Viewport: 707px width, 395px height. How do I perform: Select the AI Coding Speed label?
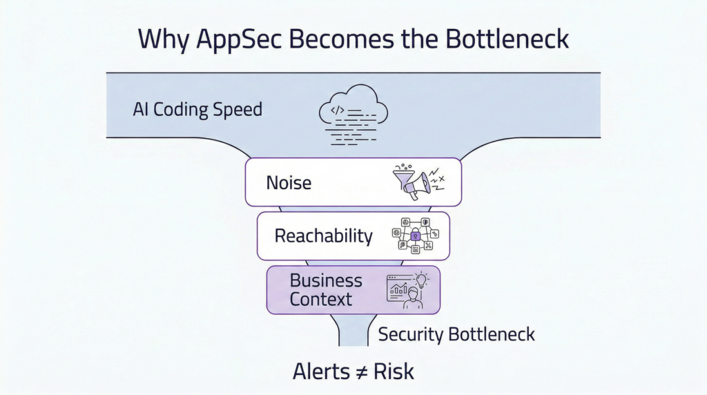coord(197,110)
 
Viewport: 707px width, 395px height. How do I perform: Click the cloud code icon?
coord(353,113)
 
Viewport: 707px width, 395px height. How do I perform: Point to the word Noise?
coord(289,183)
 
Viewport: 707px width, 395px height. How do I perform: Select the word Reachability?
coord(323,236)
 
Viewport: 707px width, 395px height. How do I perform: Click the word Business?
coord(326,280)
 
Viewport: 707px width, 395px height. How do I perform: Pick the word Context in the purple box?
coord(321,299)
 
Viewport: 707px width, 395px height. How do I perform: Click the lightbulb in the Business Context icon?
coord(420,279)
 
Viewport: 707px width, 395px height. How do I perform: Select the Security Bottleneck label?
coord(456,335)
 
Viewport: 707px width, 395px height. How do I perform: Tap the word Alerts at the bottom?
coord(321,371)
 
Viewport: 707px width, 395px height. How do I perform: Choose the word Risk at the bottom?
coord(394,371)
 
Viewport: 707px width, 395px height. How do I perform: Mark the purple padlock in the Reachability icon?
coord(416,236)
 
